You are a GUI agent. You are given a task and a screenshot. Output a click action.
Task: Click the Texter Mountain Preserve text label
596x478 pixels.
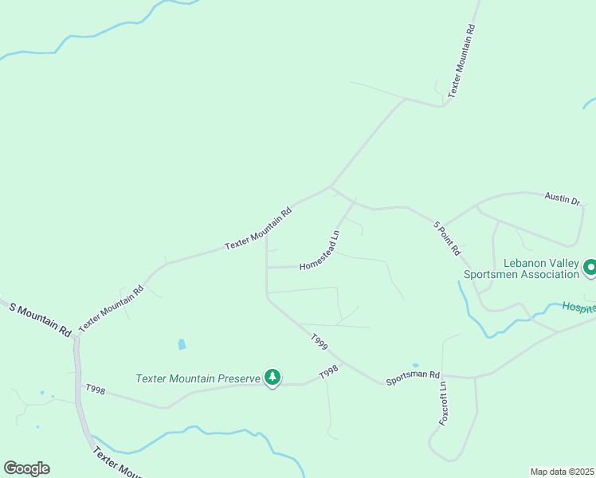[198, 378]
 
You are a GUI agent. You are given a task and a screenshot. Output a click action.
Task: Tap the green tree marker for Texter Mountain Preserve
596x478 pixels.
[273, 377]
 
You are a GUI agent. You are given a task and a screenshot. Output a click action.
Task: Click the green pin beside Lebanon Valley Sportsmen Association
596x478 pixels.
[590, 267]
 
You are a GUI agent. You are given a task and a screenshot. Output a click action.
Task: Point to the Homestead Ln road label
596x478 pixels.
[320, 251]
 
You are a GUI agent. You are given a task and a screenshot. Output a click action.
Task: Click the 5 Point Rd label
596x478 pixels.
[447, 237]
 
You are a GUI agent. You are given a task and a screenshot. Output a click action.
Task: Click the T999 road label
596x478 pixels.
[319, 343]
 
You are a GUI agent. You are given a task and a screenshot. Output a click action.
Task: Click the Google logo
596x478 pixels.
[26, 468]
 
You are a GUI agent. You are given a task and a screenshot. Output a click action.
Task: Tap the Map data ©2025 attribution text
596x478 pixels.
[562, 472]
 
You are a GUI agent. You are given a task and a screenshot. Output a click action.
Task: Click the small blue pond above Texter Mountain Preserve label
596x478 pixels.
[182, 345]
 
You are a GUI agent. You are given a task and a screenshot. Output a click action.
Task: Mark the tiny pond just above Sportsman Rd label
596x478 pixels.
[415, 366]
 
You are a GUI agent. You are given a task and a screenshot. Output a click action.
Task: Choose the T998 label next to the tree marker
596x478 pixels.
[329, 372]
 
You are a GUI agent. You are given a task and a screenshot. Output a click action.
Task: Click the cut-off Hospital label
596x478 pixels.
[578, 308]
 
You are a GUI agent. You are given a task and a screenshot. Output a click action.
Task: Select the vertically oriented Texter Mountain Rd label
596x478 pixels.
[461, 60]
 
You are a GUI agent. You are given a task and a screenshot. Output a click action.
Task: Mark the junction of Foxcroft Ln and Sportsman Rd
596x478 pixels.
[444, 375]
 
